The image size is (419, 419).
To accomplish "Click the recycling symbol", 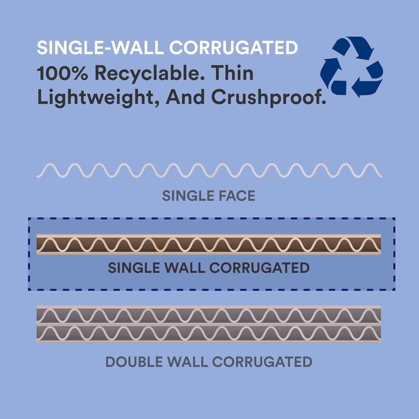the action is [x=352, y=67].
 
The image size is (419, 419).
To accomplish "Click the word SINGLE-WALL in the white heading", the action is [x=100, y=47].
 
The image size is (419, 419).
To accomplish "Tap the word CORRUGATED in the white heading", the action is [x=234, y=47].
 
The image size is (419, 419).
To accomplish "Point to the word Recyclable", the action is [x=149, y=74].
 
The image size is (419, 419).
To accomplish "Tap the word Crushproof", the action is [x=268, y=98].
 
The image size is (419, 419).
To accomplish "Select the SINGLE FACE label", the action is [x=209, y=196].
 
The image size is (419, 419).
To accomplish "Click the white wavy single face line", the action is [x=209, y=170].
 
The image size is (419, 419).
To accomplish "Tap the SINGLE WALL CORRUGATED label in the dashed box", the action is [x=209, y=268].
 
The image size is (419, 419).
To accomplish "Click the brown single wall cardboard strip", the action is [x=209, y=244].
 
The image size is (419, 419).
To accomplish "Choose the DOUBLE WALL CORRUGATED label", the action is [x=209, y=362].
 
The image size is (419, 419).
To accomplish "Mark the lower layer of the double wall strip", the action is [x=209, y=334].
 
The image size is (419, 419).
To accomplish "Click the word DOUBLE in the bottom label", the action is [x=134, y=362].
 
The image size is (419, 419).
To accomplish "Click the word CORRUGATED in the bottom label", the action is [x=262, y=362].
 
